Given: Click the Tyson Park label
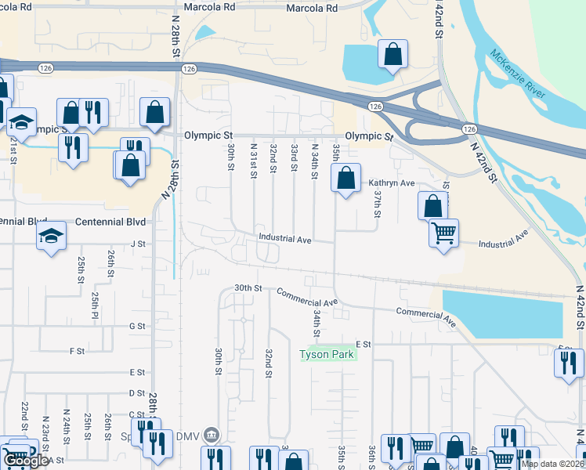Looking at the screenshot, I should [x=327, y=355].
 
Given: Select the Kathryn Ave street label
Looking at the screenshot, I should [x=391, y=183].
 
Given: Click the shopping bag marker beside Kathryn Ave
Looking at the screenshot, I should [x=345, y=178].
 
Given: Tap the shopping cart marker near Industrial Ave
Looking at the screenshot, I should [x=444, y=233].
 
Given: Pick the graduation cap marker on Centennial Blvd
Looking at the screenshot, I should [x=51, y=236].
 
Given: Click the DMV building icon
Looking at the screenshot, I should [x=210, y=435].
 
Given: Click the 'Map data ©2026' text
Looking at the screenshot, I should [x=553, y=464].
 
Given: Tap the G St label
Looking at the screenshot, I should [x=138, y=326].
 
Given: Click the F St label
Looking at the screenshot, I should [x=77, y=351].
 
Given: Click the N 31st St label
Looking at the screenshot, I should [x=253, y=160].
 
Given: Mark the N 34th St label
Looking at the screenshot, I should [x=314, y=161].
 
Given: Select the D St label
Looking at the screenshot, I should [x=138, y=393].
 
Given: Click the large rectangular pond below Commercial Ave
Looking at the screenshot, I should [x=502, y=314].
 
